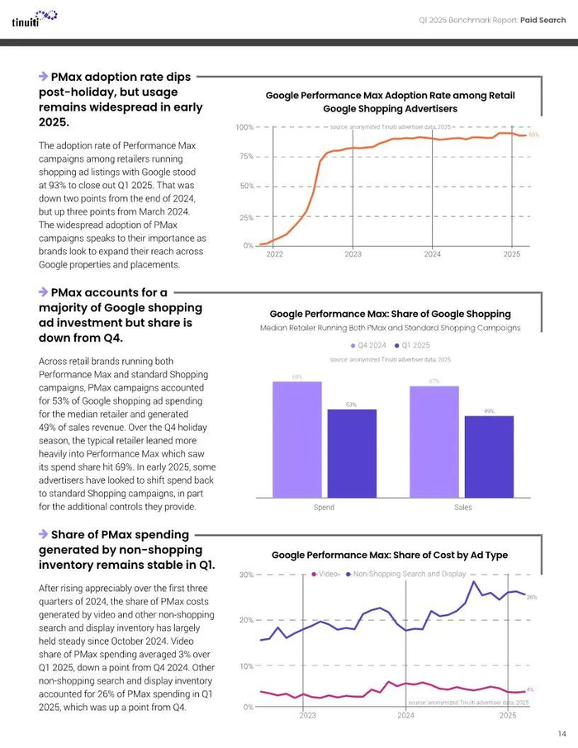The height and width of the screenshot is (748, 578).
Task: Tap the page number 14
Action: click(561, 733)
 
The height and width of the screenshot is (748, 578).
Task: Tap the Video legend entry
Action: click(325, 574)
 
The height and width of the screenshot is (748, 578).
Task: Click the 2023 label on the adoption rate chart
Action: click(353, 255)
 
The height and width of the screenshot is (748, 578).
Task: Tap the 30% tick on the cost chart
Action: click(246, 575)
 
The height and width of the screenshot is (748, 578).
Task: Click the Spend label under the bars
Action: click(324, 507)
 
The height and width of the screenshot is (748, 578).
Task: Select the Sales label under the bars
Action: click(462, 507)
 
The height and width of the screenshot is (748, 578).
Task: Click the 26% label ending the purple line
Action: click(532, 596)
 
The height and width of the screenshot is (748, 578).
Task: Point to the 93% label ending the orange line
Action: click(533, 135)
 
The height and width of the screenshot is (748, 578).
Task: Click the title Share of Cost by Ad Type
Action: click(390, 556)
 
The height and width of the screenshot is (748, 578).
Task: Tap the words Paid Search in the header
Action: click(543, 19)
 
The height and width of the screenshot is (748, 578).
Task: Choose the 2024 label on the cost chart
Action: click(405, 716)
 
